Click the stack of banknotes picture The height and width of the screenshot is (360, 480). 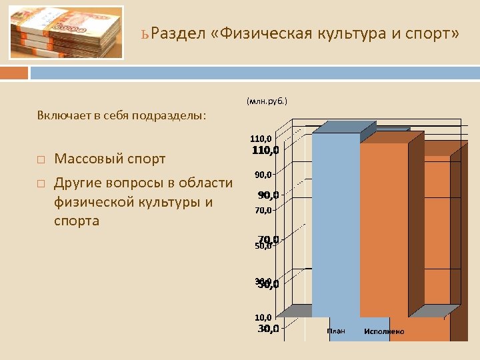[x=66, y=33]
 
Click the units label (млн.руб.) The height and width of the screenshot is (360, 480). [x=267, y=101]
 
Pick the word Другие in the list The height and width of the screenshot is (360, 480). [x=77, y=183]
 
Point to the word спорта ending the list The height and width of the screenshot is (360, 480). [x=76, y=221]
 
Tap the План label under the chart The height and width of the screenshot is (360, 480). [x=336, y=331]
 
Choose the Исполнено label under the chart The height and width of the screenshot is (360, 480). [x=384, y=331]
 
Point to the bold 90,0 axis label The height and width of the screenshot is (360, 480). [x=269, y=195]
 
